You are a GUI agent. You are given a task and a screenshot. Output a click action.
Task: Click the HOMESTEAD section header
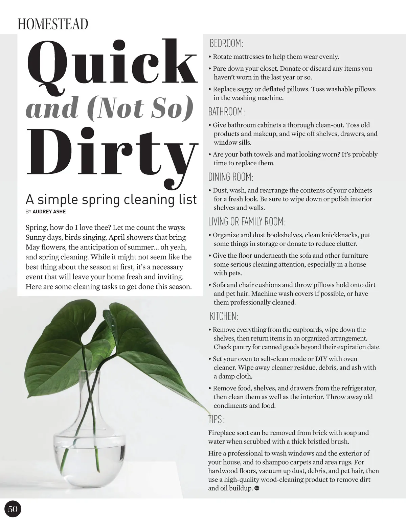53,24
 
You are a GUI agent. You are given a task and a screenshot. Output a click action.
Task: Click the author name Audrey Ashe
49,212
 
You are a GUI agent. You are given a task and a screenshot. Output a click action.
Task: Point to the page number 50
13,509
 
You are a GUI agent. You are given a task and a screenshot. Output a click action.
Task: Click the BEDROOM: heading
226,44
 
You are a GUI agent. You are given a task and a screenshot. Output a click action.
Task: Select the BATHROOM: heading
226,112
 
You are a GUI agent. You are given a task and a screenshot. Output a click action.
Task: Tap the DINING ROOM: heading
231,177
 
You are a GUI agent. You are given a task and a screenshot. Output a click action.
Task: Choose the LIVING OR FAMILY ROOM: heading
247,222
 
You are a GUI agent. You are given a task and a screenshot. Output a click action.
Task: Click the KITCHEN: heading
224,316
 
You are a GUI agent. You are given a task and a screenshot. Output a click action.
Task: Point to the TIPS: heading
216,420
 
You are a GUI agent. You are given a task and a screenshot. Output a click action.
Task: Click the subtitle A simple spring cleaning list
111,199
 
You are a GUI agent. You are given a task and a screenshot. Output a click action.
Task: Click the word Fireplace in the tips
221,433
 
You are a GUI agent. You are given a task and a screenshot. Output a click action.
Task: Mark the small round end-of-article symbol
256,488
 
